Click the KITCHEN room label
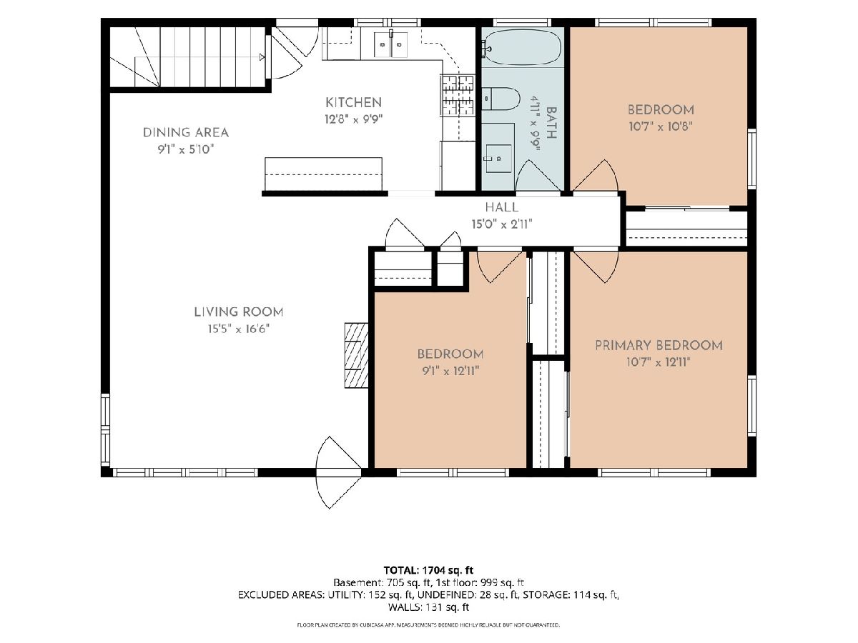(353, 103)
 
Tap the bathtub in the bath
(521, 47)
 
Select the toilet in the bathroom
(500, 99)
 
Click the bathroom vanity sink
(498, 158)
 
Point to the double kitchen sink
(390, 44)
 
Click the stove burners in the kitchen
(458, 96)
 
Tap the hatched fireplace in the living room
(356, 355)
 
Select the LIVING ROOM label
(239, 312)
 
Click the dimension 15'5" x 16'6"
(239, 329)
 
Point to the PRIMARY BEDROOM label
(659, 346)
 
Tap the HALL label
(502, 207)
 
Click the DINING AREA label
(186, 133)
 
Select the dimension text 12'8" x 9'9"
(353, 119)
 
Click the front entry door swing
(337, 472)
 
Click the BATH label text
(551, 123)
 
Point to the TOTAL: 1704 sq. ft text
(428, 570)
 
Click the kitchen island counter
(323, 174)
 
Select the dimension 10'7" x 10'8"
(661, 126)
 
